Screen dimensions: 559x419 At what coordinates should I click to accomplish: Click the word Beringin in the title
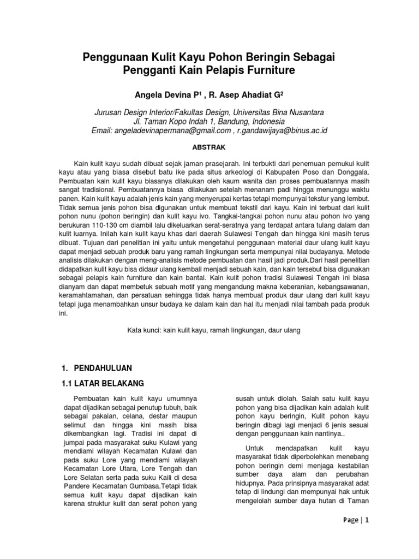[x=269, y=57]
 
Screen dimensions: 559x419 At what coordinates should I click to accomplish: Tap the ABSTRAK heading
[x=209, y=147]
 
